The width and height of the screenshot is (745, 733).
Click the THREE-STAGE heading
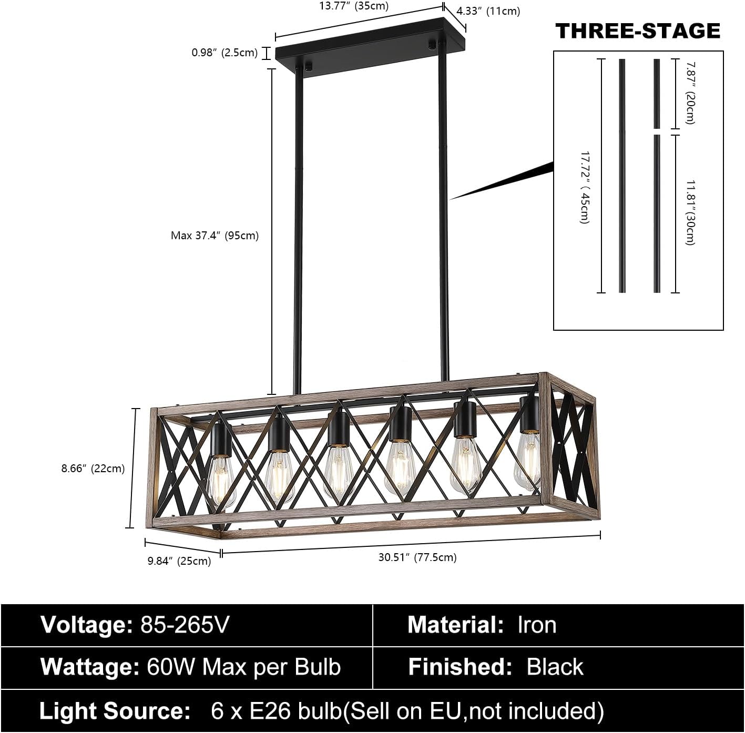638,31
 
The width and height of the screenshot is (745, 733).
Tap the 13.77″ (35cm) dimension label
354,6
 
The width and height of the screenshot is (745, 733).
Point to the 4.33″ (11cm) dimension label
488,11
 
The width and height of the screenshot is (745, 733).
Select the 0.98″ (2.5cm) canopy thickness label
224,53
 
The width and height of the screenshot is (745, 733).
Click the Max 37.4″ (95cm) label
215,236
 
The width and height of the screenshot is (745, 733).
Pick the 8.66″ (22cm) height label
93,469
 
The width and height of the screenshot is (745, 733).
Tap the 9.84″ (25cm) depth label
179,561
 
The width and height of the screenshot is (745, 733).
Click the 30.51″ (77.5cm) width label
417,557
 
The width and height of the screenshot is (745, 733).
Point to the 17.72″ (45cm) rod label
585,188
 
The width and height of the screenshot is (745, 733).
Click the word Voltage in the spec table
87,625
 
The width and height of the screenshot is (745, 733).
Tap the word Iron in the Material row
537,625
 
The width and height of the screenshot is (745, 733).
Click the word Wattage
90,667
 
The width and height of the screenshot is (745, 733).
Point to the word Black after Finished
555,667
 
